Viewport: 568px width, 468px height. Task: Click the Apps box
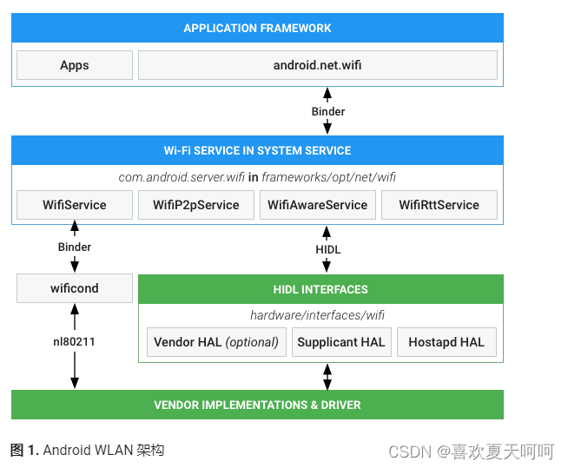[x=75, y=65]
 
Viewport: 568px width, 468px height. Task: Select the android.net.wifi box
[x=317, y=65]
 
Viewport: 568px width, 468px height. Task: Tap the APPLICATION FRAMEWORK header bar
[x=257, y=28]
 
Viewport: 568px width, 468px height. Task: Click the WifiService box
[x=75, y=205]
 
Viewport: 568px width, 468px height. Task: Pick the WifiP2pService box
[x=195, y=205]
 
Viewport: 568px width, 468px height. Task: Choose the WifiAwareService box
[x=317, y=205]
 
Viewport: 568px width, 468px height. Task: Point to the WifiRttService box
[x=439, y=205]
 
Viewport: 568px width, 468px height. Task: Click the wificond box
[x=75, y=288]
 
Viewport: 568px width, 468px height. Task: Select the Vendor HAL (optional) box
[x=216, y=342]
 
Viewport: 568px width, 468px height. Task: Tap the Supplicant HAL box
[x=340, y=342]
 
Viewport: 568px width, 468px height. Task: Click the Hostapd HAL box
[x=446, y=342]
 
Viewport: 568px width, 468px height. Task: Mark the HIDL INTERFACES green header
[x=320, y=289]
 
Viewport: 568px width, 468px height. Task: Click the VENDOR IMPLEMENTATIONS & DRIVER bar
[x=257, y=405]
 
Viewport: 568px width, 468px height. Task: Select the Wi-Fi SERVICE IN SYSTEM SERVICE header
[x=257, y=150]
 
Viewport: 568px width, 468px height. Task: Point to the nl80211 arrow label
[x=74, y=342]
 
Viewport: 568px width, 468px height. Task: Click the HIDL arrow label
[x=327, y=250]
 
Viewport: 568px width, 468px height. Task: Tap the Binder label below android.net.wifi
[x=327, y=111]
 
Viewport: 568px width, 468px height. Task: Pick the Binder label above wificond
[x=74, y=247]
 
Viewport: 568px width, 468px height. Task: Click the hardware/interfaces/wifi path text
[x=317, y=315]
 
